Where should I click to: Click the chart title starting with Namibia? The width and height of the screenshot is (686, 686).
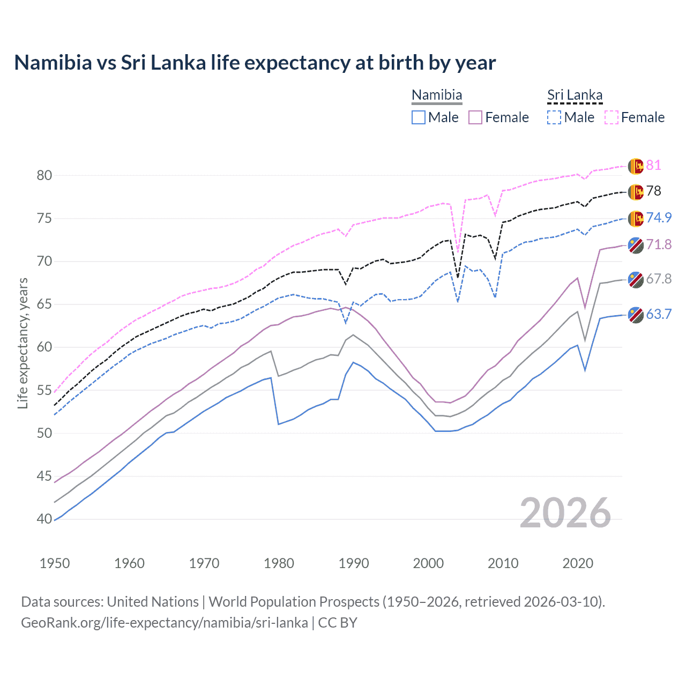pos(255,63)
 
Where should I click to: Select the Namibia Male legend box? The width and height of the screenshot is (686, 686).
pos(419,117)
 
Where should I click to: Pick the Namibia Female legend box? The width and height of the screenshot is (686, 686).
pos(475,117)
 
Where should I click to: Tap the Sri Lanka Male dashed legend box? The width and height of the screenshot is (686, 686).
pos(554,117)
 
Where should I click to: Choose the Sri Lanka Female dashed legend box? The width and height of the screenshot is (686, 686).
pos(612,117)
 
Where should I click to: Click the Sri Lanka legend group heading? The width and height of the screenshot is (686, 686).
pos(575,95)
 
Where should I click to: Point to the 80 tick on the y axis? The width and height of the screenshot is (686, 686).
pos(44,175)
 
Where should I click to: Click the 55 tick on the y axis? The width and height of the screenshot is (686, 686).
pos(44,390)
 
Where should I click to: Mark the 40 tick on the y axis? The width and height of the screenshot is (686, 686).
pos(44,519)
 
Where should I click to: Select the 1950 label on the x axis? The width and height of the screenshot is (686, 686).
pos(55,563)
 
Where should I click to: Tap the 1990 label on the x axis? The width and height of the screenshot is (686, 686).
pos(354,563)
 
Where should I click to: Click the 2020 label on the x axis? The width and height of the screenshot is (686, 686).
pos(578,563)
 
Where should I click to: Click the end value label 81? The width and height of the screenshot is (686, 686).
pos(653,165)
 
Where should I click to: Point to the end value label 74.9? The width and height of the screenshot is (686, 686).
pos(659,218)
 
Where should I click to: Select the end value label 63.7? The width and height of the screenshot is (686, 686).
pos(659,315)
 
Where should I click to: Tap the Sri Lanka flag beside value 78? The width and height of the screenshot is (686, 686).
pos(636,192)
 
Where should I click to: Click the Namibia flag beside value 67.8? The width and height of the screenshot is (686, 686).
pos(636,280)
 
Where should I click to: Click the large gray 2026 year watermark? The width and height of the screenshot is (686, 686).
pos(565,513)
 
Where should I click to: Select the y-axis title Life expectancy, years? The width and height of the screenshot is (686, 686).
pos(23,343)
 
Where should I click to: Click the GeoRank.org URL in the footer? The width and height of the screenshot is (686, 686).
pos(165,623)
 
